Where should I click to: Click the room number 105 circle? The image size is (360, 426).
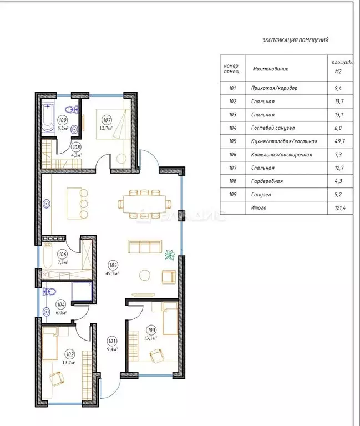114,265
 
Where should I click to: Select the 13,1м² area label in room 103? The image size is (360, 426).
151,337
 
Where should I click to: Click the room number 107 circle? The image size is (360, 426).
107,119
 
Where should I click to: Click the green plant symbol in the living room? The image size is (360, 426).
170,255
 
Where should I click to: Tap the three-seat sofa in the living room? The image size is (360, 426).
144,246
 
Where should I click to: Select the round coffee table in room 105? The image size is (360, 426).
145,275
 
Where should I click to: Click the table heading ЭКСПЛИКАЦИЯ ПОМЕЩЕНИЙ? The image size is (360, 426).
295,40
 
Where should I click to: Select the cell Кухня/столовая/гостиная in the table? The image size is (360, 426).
285,141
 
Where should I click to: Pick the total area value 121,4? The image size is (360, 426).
338,207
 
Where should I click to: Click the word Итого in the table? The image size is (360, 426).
258,207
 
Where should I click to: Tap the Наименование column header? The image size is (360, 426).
271,69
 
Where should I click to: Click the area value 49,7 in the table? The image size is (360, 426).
338,141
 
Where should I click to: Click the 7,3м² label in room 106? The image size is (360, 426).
64,262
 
